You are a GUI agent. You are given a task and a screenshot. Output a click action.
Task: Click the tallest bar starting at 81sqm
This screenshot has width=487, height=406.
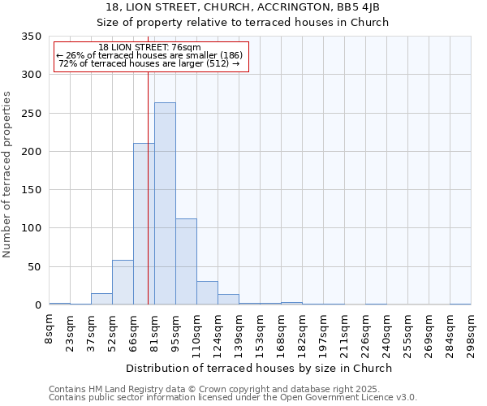tap(165, 204)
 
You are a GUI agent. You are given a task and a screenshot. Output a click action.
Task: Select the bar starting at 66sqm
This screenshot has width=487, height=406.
tap(144, 224)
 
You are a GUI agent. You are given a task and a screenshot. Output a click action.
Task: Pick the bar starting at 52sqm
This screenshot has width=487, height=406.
tap(123, 283)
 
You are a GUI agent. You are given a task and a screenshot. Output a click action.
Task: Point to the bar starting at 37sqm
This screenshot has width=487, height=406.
tap(101, 299)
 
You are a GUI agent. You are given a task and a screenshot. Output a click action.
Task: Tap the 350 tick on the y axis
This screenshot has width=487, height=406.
tap(31, 37)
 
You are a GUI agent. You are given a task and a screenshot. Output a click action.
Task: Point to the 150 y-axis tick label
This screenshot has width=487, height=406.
tap(31, 190)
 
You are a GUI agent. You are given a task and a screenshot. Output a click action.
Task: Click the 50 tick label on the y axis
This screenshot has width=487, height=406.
tap(34, 266)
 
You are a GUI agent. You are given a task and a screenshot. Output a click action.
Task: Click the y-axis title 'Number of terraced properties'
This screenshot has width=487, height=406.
tap(8, 175)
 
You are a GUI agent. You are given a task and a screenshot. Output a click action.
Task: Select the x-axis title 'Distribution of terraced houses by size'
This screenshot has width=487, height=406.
tap(259, 368)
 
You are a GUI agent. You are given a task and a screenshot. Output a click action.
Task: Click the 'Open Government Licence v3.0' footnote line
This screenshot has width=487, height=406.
tap(233, 397)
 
